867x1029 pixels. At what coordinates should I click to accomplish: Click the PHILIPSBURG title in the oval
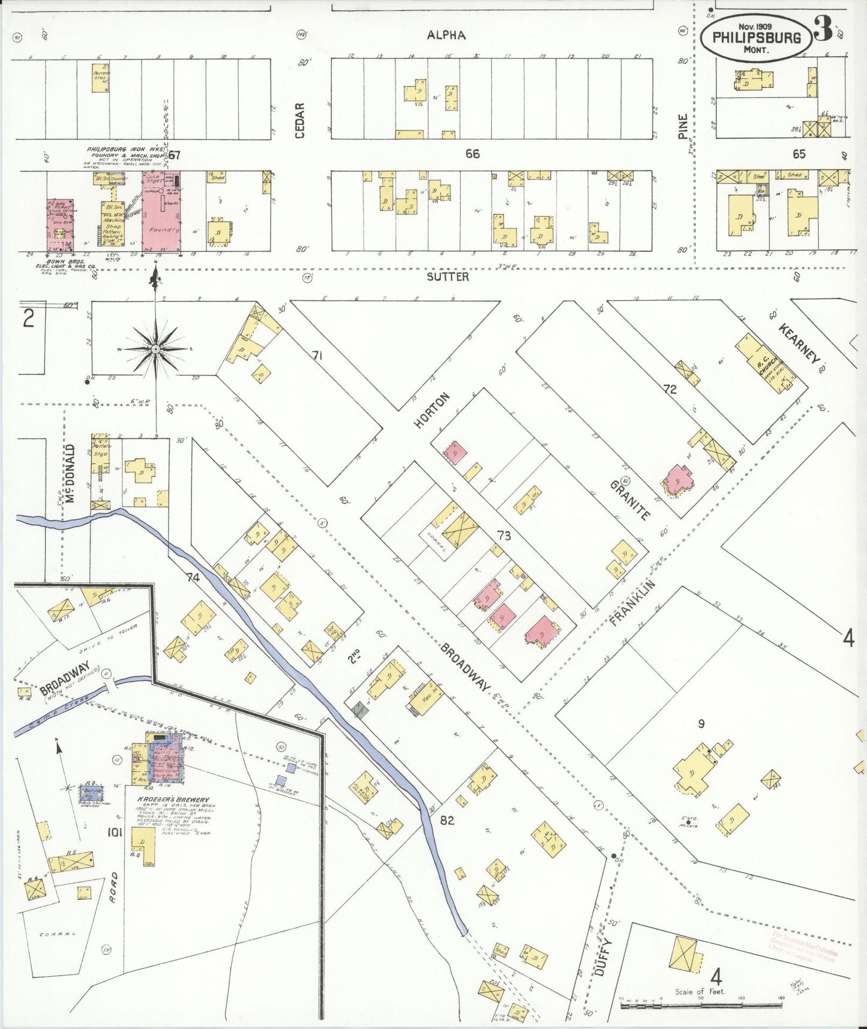[757, 37]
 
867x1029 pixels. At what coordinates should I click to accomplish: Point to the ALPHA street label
[446, 35]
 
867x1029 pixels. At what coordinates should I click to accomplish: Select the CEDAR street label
[300, 120]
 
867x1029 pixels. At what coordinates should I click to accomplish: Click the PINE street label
[682, 127]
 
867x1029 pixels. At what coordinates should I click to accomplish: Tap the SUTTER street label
[448, 277]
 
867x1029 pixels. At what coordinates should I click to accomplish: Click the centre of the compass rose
[155, 348]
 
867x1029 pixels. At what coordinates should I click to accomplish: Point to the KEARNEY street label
[799, 343]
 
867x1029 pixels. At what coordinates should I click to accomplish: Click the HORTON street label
[431, 410]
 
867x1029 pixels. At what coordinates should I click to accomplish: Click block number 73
[503, 535]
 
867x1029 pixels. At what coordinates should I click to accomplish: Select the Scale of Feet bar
[700, 1004]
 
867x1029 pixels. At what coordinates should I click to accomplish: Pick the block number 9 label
[700, 724]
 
